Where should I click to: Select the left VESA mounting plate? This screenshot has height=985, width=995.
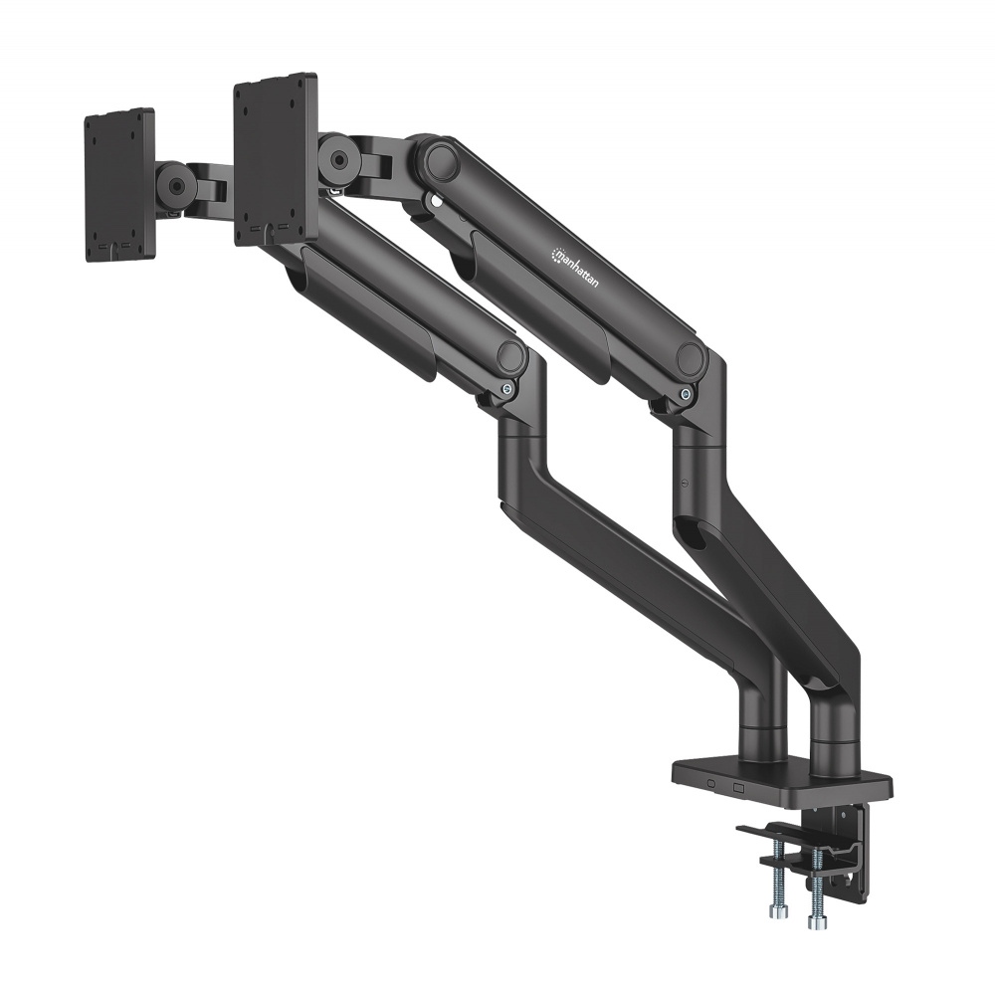click(x=119, y=185)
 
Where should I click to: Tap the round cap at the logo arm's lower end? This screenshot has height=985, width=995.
click(x=690, y=359)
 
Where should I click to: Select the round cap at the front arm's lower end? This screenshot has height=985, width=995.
click(x=510, y=356)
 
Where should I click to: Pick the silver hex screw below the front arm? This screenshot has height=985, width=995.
click(x=508, y=390)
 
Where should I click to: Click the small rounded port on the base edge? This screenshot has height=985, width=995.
click(x=710, y=784)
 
